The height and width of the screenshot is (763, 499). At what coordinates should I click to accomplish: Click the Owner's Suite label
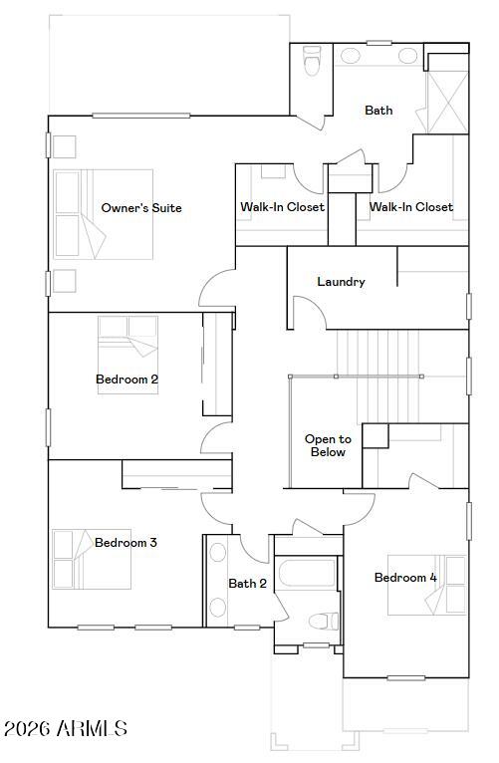141,208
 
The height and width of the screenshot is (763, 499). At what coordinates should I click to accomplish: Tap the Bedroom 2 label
126,379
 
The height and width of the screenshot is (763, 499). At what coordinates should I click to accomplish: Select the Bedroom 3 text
125,543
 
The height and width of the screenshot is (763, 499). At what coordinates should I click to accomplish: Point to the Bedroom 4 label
405,578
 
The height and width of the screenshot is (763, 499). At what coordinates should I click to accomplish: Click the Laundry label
341,282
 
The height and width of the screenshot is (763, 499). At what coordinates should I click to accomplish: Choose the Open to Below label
328,445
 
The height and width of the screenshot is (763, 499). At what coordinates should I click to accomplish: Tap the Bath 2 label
247,584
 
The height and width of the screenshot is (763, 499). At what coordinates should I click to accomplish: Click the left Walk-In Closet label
282,207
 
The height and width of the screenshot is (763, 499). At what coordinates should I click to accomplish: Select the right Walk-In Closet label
411,207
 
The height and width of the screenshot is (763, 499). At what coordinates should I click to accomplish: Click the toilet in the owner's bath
312,64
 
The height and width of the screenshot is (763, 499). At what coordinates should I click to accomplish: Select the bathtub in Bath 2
308,574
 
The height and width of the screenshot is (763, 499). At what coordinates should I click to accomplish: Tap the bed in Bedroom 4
427,585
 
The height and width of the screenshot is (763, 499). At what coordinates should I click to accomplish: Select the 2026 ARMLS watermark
65,729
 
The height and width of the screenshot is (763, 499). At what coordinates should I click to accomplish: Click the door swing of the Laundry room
310,313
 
